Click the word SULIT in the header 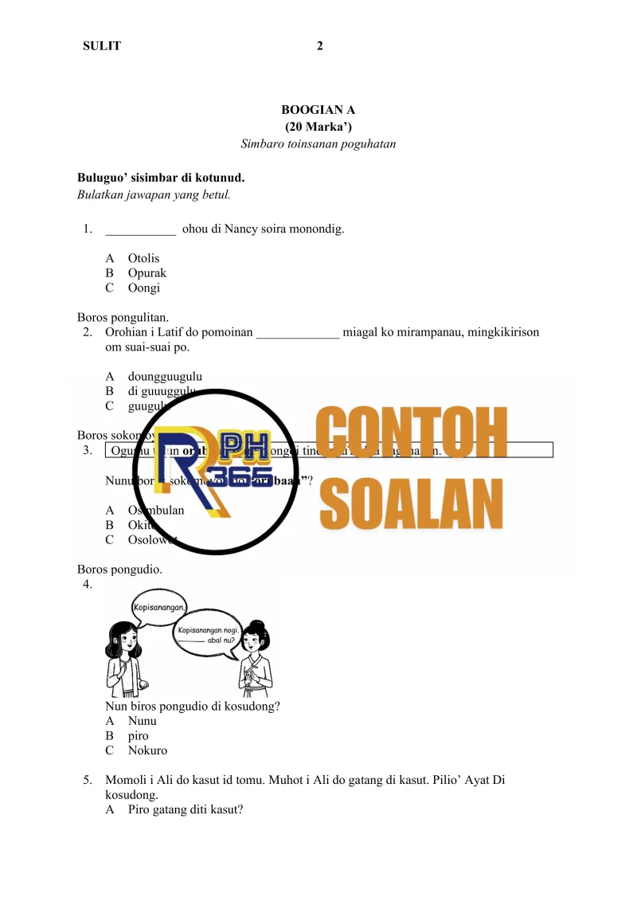tap(102, 46)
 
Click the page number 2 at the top tap(319, 46)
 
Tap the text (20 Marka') tap(318, 127)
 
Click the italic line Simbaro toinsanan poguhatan tap(318, 144)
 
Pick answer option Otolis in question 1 tap(143, 258)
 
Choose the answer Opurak tap(147, 273)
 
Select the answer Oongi tap(143, 288)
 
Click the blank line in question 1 tap(140, 230)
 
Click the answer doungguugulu tap(165, 376)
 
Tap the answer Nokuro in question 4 tap(147, 750)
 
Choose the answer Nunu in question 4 tap(142, 721)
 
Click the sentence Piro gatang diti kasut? tap(185, 810)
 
